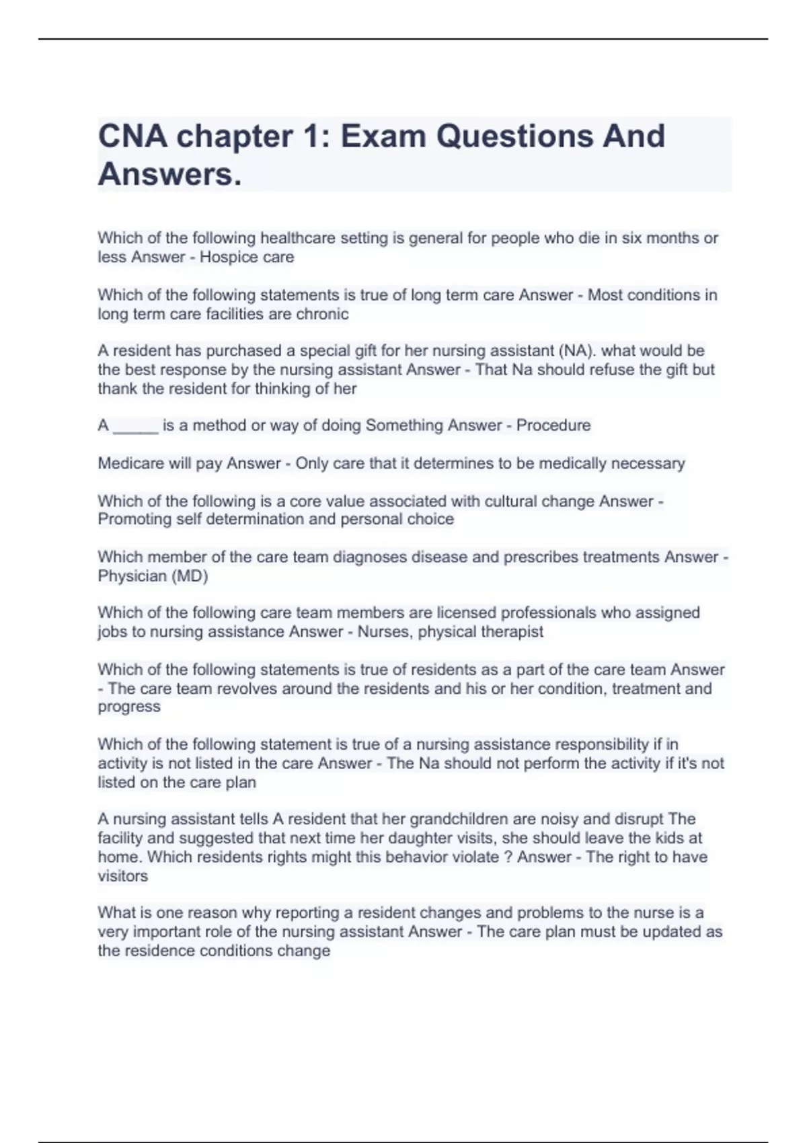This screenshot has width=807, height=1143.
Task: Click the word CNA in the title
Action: [x=132, y=136]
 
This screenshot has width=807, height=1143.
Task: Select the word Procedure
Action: [x=553, y=426]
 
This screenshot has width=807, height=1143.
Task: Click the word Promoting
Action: [x=134, y=519]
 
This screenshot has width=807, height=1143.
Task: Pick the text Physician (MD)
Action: [x=153, y=576]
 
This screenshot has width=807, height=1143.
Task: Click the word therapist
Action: [x=510, y=632]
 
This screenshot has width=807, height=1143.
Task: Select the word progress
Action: [x=129, y=707]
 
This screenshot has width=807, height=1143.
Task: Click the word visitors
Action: [x=122, y=876]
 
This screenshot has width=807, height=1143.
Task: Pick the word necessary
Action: [x=648, y=463]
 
